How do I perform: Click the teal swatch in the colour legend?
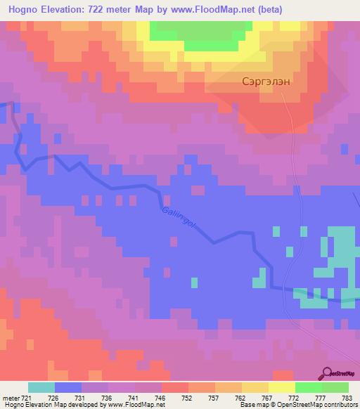(x=41, y=387)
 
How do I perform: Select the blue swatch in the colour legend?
(x=68, y=387)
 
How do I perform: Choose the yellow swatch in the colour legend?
(x=282, y=387)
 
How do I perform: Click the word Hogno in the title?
(x=22, y=9)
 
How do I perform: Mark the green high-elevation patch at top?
(x=200, y=31)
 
